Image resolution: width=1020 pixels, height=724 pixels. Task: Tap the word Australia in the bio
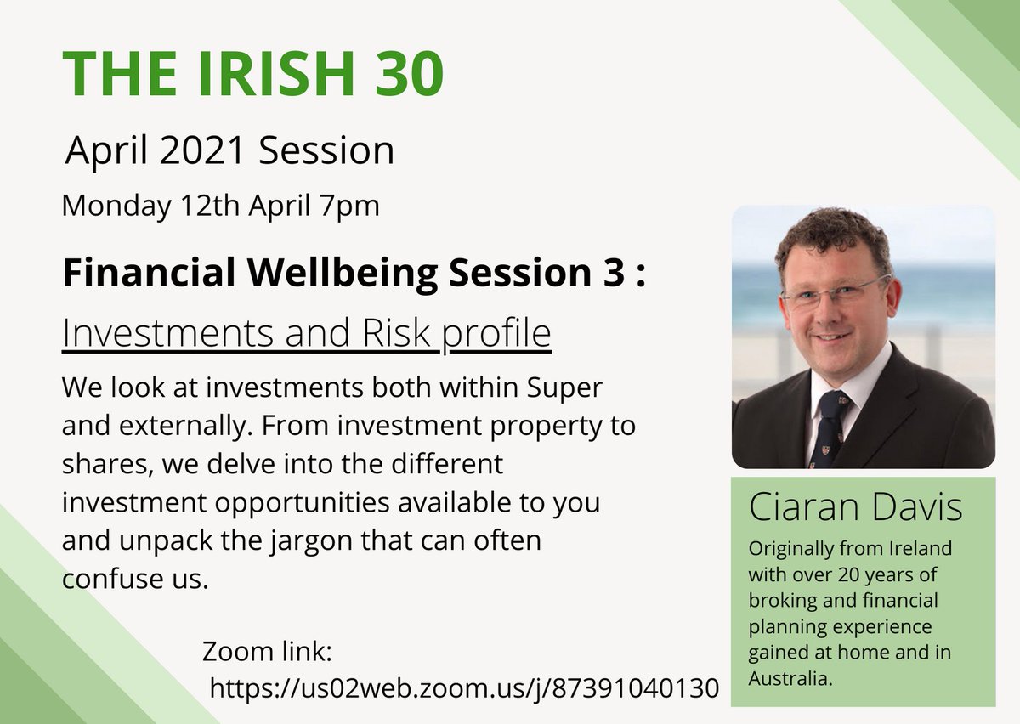789,679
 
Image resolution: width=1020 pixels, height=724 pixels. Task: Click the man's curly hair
828,234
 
